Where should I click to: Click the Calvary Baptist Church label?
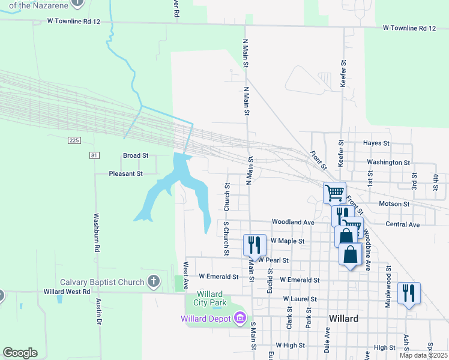tap(102, 282)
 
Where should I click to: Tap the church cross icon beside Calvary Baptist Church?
tap(154, 281)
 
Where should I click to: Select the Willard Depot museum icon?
tap(240, 317)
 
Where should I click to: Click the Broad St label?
tap(135, 155)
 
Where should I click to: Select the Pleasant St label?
tap(125, 173)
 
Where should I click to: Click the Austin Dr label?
tap(98, 313)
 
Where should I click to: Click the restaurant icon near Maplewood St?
tap(409, 293)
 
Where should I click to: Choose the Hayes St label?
tap(376, 143)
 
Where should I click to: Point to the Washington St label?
tap(388, 162)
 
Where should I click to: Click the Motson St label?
tap(394, 204)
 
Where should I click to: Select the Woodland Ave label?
tap(293, 222)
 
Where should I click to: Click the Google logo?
tap(20, 353)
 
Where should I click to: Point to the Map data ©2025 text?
tap(423, 355)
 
